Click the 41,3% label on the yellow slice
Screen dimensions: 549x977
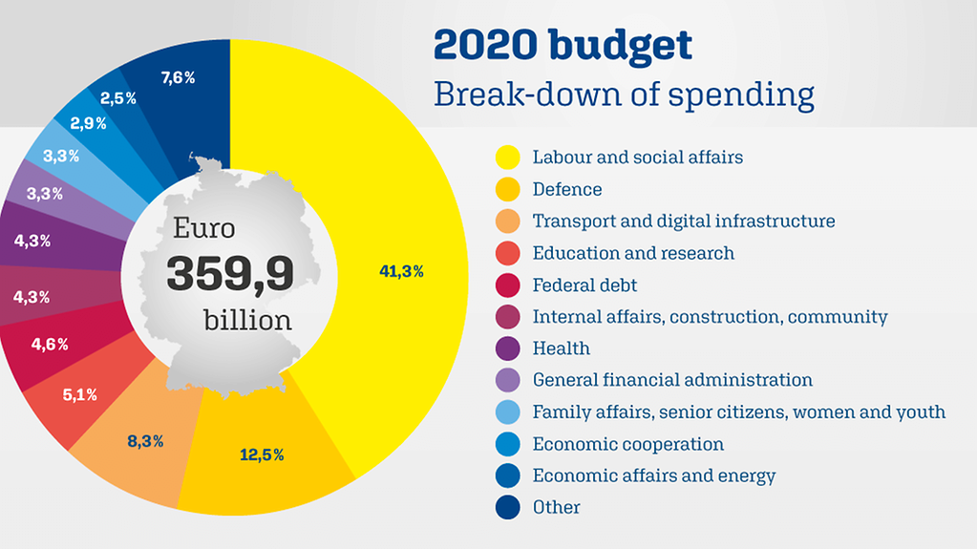[x=401, y=271]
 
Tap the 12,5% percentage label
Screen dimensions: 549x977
[x=261, y=454]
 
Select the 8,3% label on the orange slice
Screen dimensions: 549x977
[x=144, y=441]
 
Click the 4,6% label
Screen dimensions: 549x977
[x=49, y=345]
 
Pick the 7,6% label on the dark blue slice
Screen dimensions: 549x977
[x=178, y=78]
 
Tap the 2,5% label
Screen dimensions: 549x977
[x=117, y=98]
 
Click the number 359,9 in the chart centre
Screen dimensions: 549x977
[x=230, y=274]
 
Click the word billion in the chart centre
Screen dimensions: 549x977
[x=247, y=320]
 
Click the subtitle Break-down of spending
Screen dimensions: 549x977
[x=624, y=95]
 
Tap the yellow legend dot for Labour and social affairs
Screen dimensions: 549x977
[x=507, y=158]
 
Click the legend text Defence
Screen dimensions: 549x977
[x=566, y=189]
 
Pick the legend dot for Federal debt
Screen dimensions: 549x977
[x=507, y=285]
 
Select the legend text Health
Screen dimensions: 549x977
[x=561, y=348]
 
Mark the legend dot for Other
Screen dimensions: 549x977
[x=507, y=507]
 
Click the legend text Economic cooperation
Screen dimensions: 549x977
[x=627, y=444]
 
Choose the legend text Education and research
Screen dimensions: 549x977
[x=633, y=253]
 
